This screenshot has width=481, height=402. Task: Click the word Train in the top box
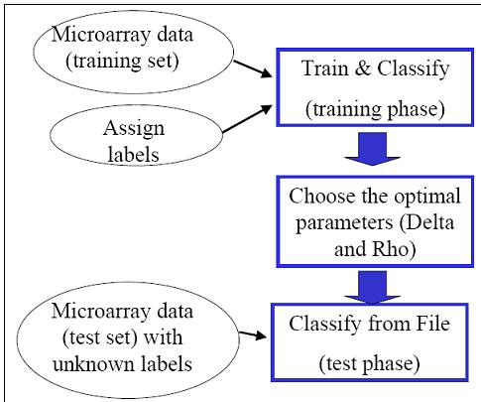325,68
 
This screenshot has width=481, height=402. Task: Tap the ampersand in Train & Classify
363,68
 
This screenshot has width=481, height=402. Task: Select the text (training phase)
375,109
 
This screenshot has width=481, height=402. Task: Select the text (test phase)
370,363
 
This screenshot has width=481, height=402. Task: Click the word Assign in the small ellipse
134,129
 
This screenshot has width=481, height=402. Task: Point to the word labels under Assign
134,154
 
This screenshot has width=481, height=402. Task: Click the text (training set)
122,61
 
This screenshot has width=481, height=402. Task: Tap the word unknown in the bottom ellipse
93,363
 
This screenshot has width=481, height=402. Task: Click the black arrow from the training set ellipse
253,69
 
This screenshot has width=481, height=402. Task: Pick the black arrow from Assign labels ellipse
247,119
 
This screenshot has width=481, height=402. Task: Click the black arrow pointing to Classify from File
253,335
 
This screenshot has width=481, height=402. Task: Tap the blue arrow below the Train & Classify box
372,149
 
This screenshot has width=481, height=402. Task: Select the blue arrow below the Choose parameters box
372,287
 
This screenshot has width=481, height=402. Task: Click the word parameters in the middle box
344,223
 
